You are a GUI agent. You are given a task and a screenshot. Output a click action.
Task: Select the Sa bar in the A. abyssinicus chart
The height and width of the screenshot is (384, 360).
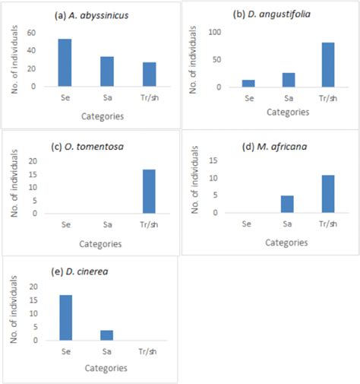click(x=107, y=71)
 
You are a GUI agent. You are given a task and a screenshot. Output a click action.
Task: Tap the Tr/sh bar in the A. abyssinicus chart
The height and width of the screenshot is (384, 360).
click(x=149, y=75)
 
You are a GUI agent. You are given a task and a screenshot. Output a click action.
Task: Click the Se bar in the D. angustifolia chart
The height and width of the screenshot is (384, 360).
click(x=248, y=83)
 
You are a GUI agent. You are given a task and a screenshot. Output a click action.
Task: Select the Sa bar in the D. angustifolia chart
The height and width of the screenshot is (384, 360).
click(x=288, y=80)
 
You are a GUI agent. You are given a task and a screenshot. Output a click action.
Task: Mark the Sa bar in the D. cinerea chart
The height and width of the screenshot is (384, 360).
click(x=107, y=335)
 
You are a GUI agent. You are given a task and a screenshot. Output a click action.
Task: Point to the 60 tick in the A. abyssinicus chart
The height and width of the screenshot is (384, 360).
click(x=30, y=33)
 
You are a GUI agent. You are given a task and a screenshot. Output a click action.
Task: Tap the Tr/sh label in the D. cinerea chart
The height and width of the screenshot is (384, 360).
click(x=149, y=352)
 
